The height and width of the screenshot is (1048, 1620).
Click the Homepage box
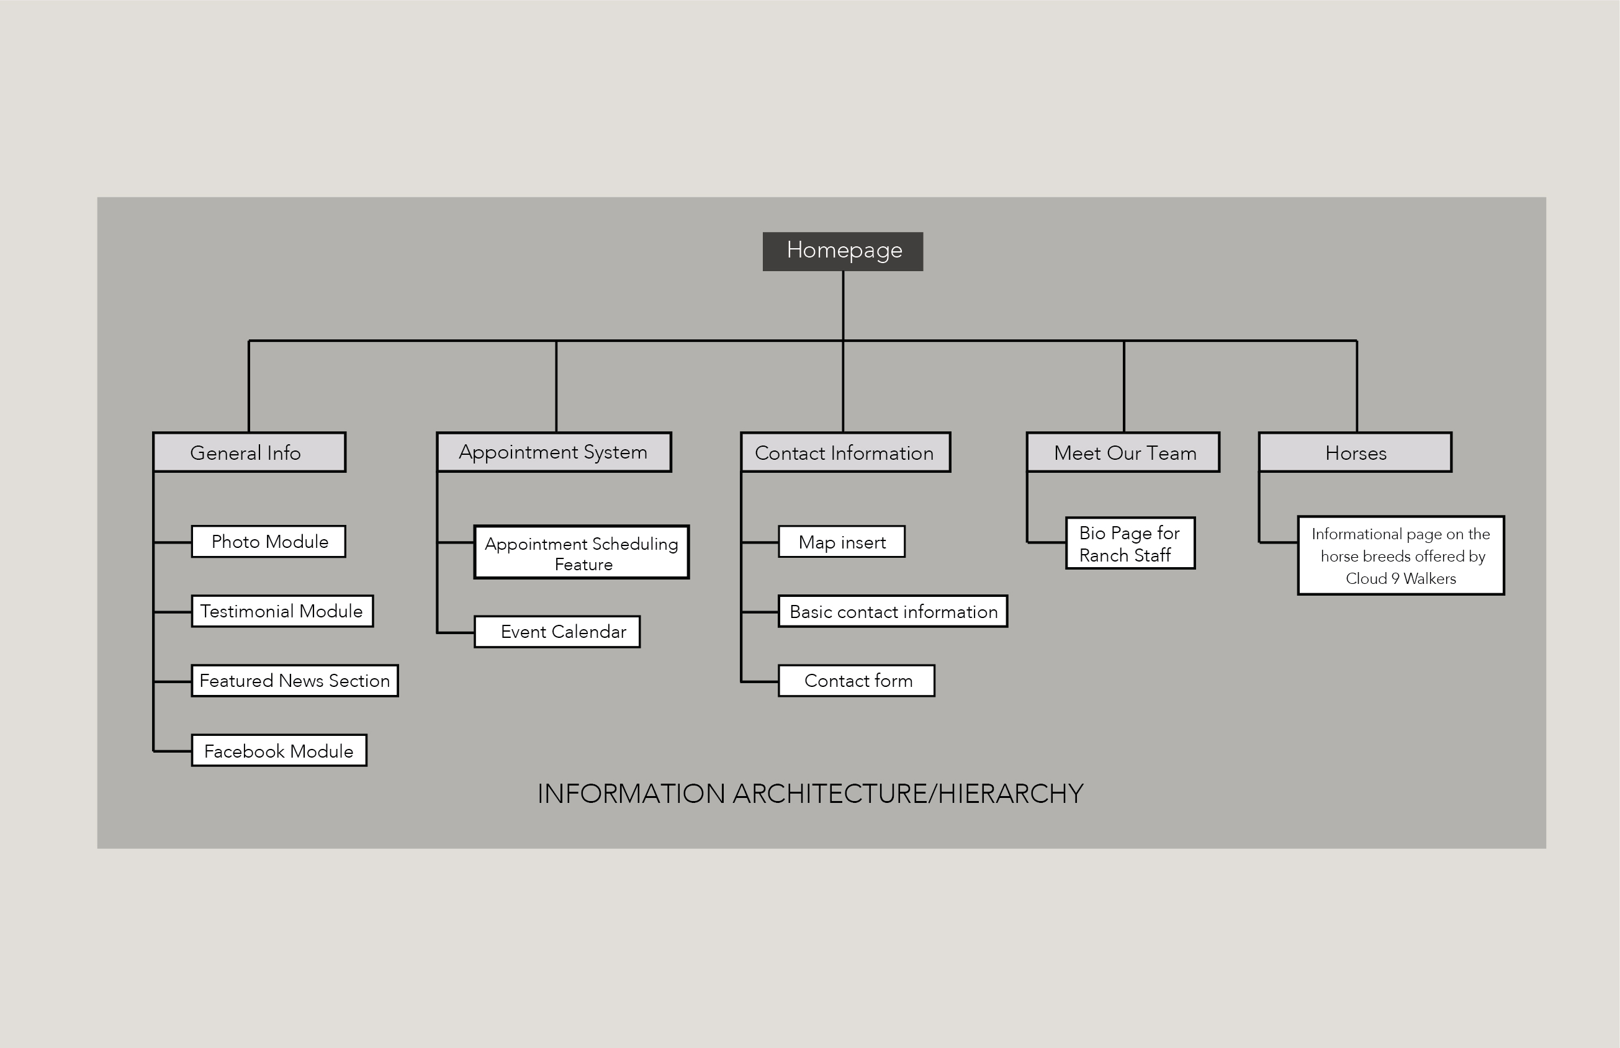pos(843,252)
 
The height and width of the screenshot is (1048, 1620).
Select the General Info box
pos(250,452)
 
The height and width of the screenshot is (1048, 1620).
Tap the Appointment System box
pos(554,452)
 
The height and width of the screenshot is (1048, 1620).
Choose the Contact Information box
pos(845,452)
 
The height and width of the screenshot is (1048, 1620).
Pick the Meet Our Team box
pos(1123,452)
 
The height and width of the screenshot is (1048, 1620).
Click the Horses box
pos(1355,452)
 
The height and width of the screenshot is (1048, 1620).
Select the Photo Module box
pos(269,542)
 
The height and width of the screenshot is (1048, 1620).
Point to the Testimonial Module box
pos(282,611)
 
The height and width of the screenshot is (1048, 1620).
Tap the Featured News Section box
pos(295,681)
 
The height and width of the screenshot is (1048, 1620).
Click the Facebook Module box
pos(279,751)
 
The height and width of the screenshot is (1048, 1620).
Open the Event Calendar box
pos(557,632)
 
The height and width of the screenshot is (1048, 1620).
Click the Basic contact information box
pos(893,611)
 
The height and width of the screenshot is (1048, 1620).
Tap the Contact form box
pos(857,681)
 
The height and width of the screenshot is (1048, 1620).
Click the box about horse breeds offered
pos(1401,555)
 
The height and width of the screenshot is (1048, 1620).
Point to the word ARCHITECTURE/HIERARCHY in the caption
pos(908,794)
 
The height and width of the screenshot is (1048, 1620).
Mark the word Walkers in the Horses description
pos(1429,578)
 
